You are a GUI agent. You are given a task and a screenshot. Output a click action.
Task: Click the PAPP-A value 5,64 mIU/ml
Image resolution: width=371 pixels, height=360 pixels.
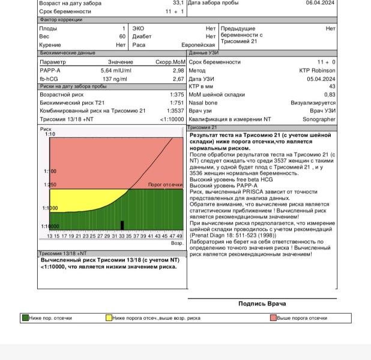pyautogui.click(x=116, y=70)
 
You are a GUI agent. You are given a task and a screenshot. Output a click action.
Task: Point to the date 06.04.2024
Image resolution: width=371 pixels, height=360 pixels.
pyautogui.click(x=321, y=2)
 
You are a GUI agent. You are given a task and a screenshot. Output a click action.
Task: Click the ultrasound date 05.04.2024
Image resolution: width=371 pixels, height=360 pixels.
pyautogui.click(x=321, y=79)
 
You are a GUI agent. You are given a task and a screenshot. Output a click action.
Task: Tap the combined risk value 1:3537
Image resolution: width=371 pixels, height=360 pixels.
pyautogui.click(x=175, y=111)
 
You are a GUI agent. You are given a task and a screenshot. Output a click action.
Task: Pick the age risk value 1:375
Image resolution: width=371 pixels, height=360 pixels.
pyautogui.click(x=176, y=95)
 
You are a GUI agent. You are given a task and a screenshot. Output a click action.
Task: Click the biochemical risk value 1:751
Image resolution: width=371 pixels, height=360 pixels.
pyautogui.click(x=176, y=103)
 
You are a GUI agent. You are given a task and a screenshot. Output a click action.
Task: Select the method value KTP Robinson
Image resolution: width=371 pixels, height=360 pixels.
pyautogui.click(x=317, y=70)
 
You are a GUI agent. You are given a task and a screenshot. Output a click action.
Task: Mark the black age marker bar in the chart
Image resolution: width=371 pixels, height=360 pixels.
pyautogui.click(x=122, y=225)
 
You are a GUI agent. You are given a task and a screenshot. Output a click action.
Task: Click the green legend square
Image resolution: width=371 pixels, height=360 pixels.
pyautogui.click(x=25, y=318)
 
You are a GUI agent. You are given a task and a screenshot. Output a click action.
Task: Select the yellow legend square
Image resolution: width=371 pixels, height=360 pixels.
pyautogui.click(x=109, y=318)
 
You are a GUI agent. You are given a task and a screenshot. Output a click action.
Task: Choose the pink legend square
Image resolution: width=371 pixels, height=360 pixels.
pyautogui.click(x=273, y=318)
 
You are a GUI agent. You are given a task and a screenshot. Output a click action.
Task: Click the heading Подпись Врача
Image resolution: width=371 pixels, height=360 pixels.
pyautogui.click(x=262, y=304)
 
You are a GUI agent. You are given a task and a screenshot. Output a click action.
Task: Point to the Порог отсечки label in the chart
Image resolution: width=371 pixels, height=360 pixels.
pyautogui.click(x=164, y=185)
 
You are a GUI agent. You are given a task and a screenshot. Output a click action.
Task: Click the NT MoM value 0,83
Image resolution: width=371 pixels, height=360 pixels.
pyautogui.click(x=330, y=95)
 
